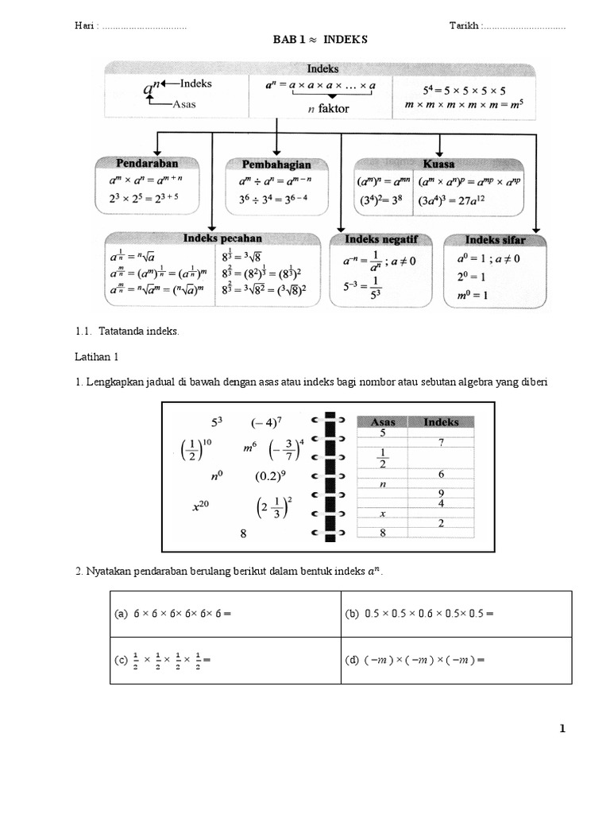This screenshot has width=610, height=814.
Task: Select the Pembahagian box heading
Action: [x=275, y=164]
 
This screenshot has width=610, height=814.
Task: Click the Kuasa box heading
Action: [x=439, y=164]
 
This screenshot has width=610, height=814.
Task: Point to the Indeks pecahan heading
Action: [x=222, y=238]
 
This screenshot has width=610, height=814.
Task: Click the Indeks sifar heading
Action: [x=495, y=239]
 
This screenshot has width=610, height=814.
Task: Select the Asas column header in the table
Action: [x=383, y=422]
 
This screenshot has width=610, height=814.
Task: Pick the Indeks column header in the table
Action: [x=441, y=422]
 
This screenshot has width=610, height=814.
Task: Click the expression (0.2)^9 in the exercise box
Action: [x=270, y=477]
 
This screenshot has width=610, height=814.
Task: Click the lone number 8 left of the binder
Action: [x=243, y=535]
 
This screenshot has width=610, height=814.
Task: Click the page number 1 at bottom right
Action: [x=562, y=728]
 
